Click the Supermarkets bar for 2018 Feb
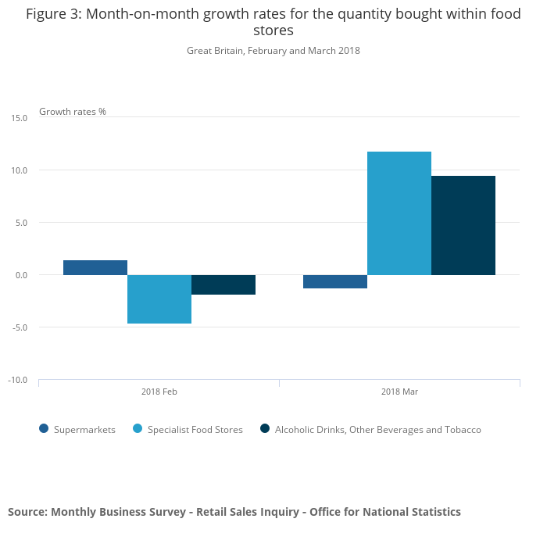pyautogui.click(x=95, y=267)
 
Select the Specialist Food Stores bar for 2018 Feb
pyautogui.click(x=159, y=299)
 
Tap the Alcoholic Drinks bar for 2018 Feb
pyautogui.click(x=223, y=284)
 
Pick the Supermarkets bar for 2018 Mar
pyautogui.click(x=335, y=281)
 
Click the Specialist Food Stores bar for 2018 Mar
pyautogui.click(x=399, y=213)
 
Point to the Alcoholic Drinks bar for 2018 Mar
pyautogui.click(x=463, y=225)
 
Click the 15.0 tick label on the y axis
pyautogui.click(x=20, y=118)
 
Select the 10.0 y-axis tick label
pyautogui.click(x=20, y=170)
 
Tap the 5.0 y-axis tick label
pyautogui.click(x=21, y=223)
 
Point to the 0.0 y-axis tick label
pyautogui.click(x=21, y=275)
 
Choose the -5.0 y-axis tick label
pyautogui.click(x=20, y=327)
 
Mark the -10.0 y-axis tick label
pyautogui.click(x=18, y=380)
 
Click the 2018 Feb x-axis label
pyautogui.click(x=159, y=392)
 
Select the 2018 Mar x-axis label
pyautogui.click(x=399, y=392)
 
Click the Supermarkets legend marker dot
pyautogui.click(x=44, y=429)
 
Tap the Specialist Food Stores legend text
pyautogui.click(x=195, y=430)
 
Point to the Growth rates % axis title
pyautogui.click(x=73, y=112)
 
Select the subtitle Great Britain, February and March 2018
pyautogui.click(x=273, y=51)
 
